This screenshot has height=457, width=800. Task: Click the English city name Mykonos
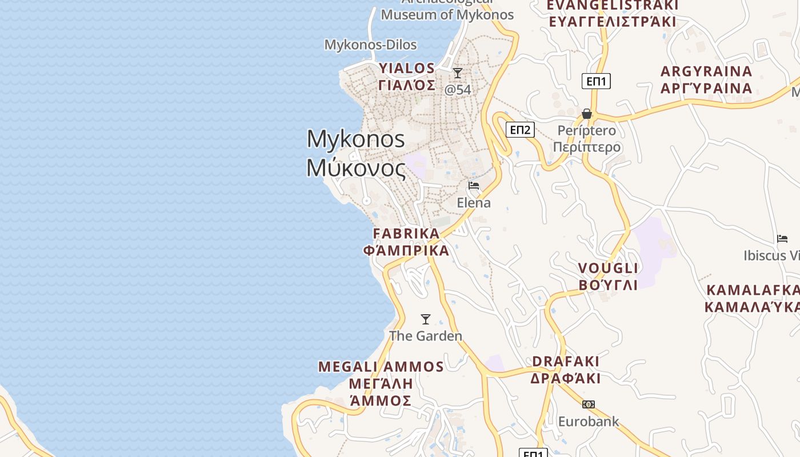355,139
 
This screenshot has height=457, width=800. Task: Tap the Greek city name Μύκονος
355,168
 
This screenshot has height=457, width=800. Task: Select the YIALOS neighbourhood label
406,69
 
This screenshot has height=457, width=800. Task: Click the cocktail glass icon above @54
458,73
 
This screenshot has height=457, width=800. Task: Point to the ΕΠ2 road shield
520,130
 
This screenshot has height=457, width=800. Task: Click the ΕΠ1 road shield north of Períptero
596,81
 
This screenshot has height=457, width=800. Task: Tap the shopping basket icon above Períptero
587,114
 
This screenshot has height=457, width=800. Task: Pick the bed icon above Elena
474,186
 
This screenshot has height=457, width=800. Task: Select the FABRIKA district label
406,234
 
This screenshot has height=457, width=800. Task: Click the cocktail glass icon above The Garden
426,319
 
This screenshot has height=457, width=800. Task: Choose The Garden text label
426,336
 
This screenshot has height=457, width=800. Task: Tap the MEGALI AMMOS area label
381,367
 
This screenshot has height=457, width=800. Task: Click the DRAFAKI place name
566,362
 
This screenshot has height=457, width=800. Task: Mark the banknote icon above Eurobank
589,404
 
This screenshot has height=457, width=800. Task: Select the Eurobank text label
589,422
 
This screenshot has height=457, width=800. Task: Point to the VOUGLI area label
608,268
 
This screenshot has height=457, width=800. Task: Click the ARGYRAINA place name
706,72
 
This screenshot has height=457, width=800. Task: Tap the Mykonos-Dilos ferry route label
370,45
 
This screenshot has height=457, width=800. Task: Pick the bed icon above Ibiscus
782,239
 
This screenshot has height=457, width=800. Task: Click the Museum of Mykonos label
447,15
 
